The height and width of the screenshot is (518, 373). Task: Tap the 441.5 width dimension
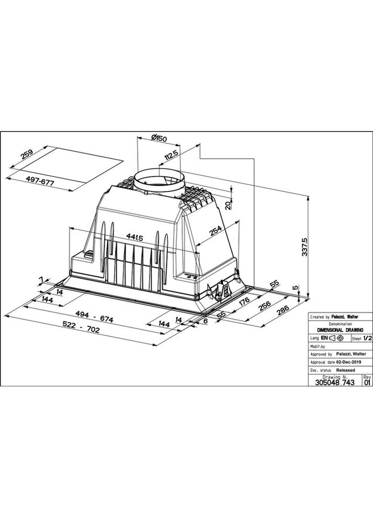(134, 237)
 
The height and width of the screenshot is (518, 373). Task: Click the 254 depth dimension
(216, 230)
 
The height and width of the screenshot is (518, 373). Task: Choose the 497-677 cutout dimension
(39, 181)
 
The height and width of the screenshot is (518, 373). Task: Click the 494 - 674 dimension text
(94, 317)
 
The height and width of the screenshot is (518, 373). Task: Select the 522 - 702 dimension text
(81, 327)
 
